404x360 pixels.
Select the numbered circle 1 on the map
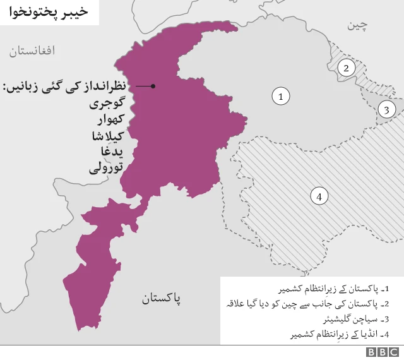(x=280, y=96)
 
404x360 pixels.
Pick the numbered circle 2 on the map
(x=346, y=68)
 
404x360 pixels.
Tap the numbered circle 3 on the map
(x=386, y=110)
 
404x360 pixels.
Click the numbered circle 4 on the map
(x=319, y=196)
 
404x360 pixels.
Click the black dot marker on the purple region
(x=153, y=86)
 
